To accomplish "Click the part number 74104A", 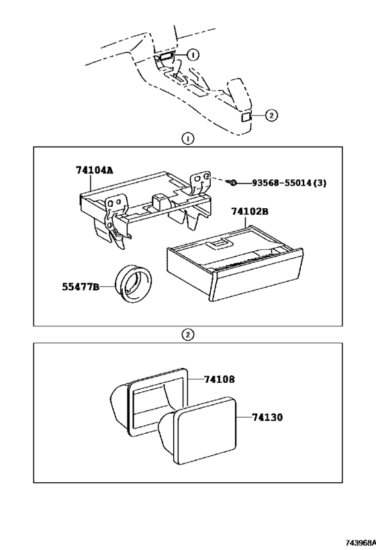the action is [x=95, y=170].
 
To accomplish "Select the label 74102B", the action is [x=250, y=212].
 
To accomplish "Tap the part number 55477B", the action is [x=80, y=287].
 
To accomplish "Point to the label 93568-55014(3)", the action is [x=289, y=183].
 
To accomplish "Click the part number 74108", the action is [x=220, y=379].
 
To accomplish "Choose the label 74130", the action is [x=267, y=418].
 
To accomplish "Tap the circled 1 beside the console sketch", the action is [x=193, y=54].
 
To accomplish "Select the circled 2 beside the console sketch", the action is [x=271, y=115].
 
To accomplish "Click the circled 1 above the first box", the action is [x=188, y=139].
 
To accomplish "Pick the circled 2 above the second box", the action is [x=188, y=334].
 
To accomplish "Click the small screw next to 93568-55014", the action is [x=232, y=183].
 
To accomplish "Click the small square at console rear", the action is [x=246, y=117].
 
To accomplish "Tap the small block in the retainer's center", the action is [x=160, y=202].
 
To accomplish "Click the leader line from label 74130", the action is [x=244, y=417].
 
